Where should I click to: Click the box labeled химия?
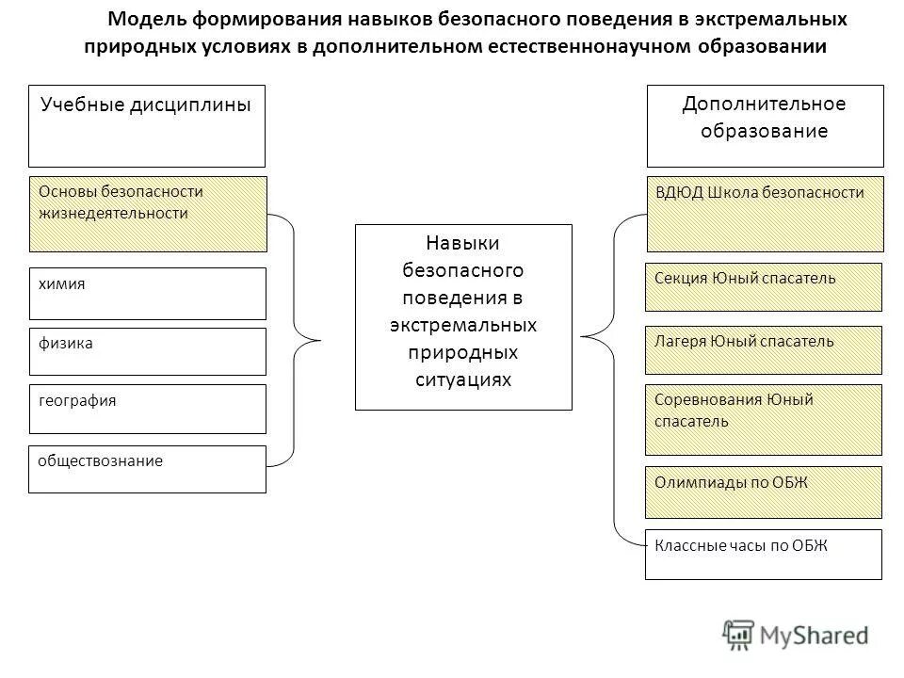tap(147, 293)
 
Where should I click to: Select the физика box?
tap(147, 351)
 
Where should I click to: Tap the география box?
tap(147, 409)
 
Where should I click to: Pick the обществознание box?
tap(147, 469)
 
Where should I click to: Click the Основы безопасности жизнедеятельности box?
tap(147, 214)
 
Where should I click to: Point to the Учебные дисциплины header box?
tap(147, 125)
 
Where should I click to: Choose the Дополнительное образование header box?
tap(765, 125)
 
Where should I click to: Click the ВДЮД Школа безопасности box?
tap(764, 214)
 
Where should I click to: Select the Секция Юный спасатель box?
tap(763, 287)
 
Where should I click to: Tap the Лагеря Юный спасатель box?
tap(763, 349)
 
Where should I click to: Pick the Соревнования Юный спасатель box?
tap(763, 419)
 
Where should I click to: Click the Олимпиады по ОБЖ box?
tap(763, 492)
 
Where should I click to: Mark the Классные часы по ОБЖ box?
tap(763, 554)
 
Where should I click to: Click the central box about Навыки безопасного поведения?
tap(463, 316)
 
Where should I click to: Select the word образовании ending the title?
tap(762, 47)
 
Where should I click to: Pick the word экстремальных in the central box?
tap(463, 325)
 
